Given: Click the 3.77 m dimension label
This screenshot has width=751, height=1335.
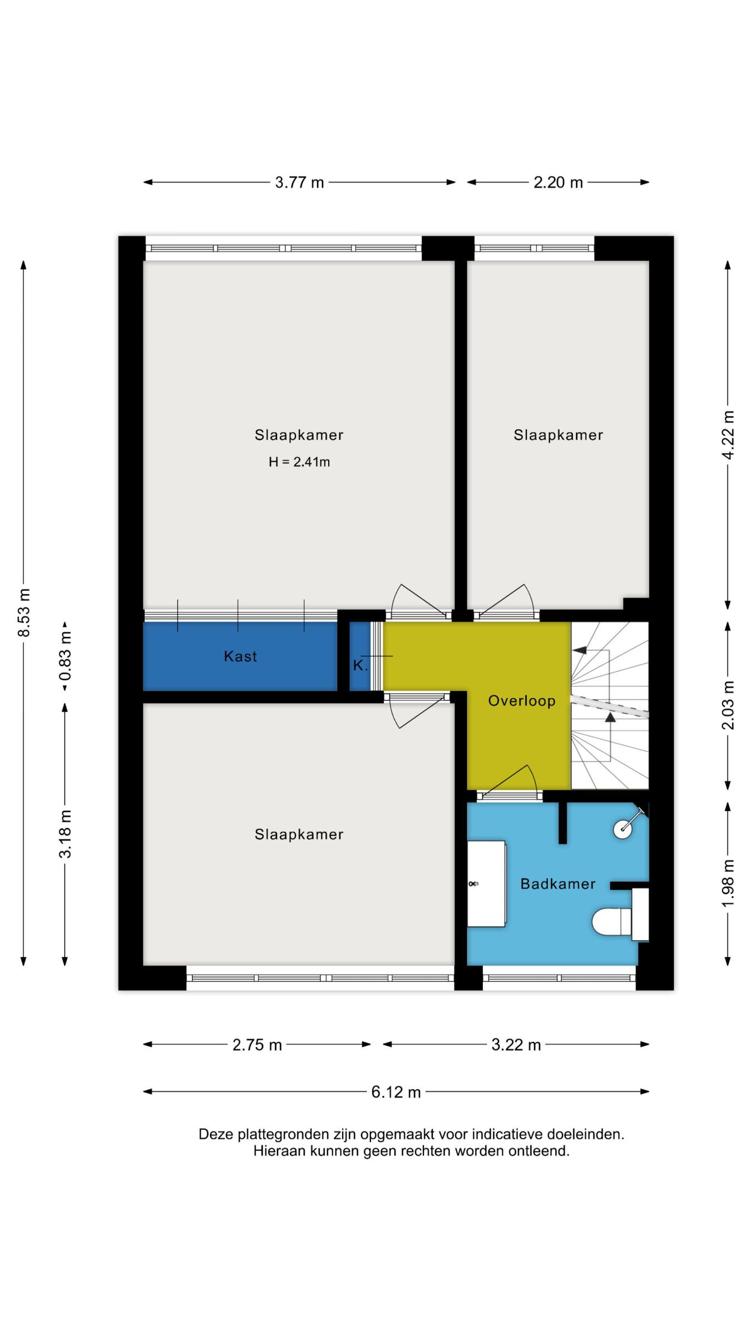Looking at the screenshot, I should click(x=299, y=182).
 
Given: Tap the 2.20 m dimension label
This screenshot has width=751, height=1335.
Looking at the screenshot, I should click(x=558, y=182).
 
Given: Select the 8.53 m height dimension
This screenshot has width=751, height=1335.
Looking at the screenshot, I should click(x=24, y=612).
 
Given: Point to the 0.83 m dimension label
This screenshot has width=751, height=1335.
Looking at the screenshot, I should click(x=65, y=656).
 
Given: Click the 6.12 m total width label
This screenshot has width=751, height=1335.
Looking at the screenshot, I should click(x=396, y=1091).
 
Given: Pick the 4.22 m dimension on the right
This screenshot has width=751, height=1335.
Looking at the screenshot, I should click(x=728, y=435).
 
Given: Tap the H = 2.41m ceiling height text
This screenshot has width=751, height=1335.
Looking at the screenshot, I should click(x=299, y=462).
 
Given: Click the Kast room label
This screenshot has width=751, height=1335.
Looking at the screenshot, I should click(x=240, y=656).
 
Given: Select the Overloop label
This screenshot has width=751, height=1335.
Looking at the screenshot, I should click(x=521, y=700).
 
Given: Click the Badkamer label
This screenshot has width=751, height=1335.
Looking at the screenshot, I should click(x=557, y=884).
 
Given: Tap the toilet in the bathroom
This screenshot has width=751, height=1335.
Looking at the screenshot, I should click(x=612, y=922).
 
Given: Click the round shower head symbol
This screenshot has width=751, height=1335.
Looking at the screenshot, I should click(x=622, y=829).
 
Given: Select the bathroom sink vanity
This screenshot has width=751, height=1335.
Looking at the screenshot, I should click(x=486, y=883).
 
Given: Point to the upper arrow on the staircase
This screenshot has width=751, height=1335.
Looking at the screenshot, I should click(x=580, y=650).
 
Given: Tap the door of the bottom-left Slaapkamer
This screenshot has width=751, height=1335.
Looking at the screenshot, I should click(x=417, y=712).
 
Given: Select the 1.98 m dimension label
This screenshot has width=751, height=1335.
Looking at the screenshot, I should click(x=728, y=883).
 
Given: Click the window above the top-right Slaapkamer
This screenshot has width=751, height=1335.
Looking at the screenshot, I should click(x=534, y=248).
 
